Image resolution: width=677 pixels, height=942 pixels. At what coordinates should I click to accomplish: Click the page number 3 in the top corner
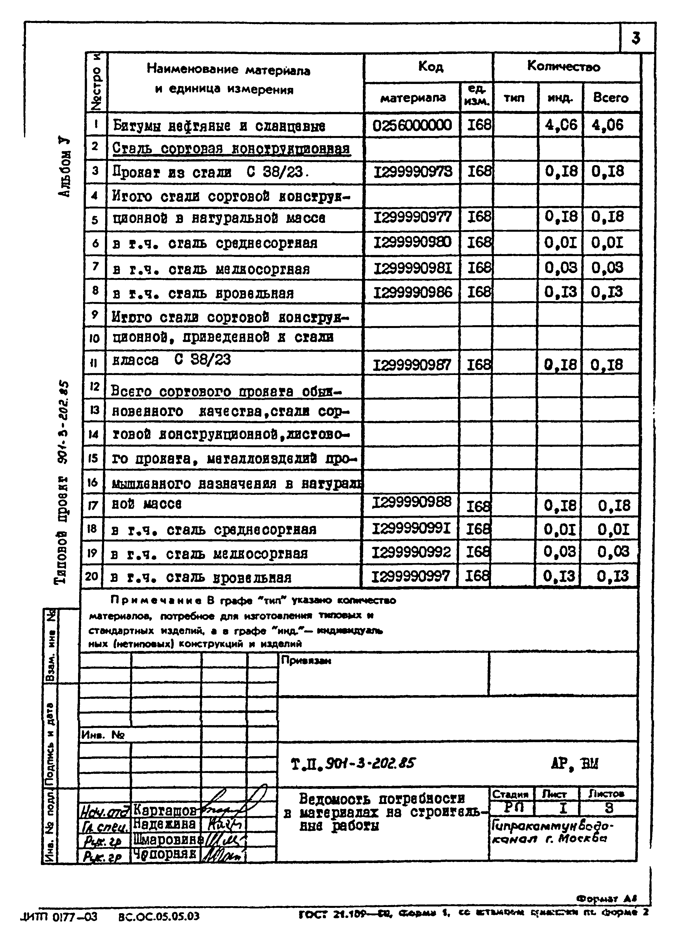(x=636, y=39)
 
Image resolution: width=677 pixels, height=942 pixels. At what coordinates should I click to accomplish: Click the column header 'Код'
(x=431, y=66)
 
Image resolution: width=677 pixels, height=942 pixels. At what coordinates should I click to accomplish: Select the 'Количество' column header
(x=563, y=66)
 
